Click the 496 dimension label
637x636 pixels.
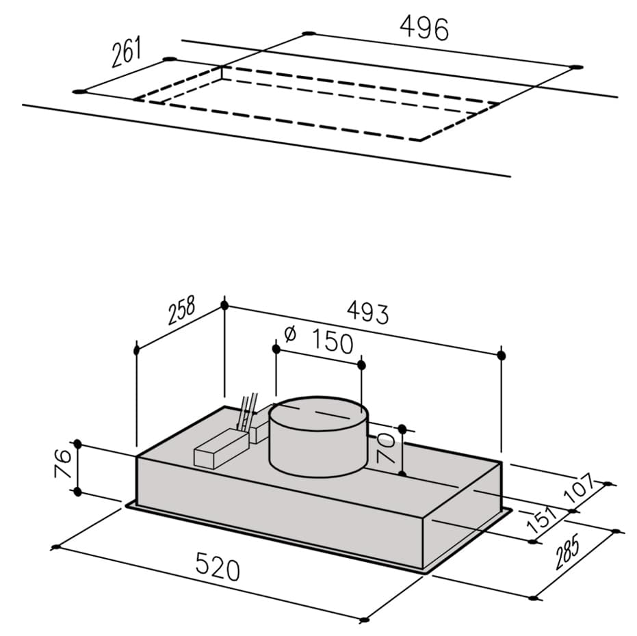(x=424, y=29)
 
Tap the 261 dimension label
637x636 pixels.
(x=127, y=51)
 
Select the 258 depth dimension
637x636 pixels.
(x=181, y=310)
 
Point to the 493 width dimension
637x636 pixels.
(x=367, y=313)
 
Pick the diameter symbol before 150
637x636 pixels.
(x=291, y=334)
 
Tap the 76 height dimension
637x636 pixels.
(x=64, y=464)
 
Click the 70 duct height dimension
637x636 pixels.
(x=385, y=448)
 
